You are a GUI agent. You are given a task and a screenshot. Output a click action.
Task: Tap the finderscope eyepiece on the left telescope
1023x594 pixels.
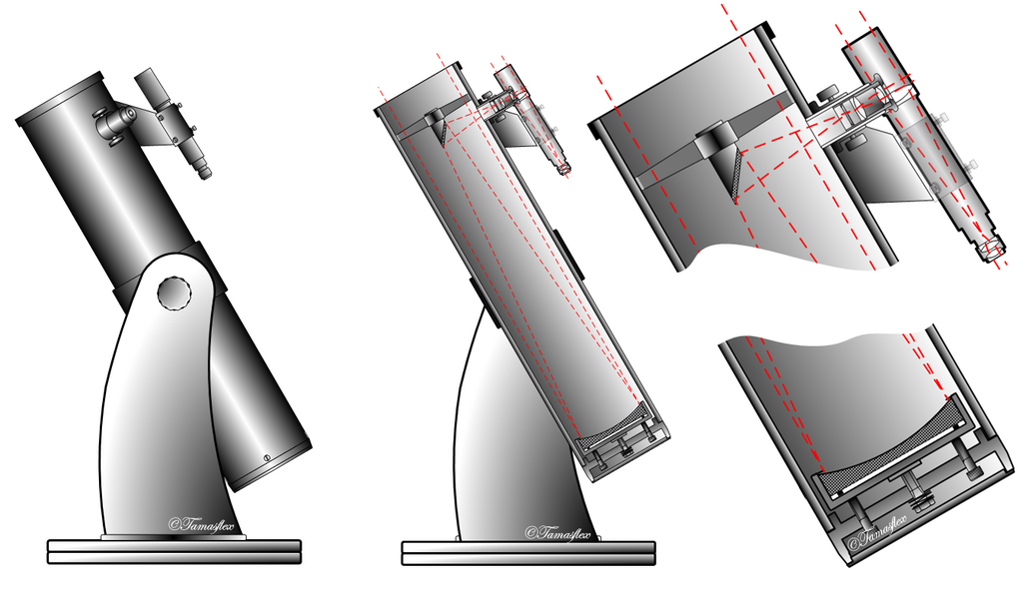(205, 172)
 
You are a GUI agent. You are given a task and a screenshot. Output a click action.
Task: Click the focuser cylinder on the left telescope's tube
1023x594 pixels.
(114, 122)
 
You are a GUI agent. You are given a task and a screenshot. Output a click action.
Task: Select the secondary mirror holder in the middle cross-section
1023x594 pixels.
(437, 122)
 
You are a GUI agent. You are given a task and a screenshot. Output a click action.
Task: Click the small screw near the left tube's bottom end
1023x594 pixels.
(266, 458)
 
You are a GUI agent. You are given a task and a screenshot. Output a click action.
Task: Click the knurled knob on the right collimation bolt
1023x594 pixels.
(972, 472)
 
